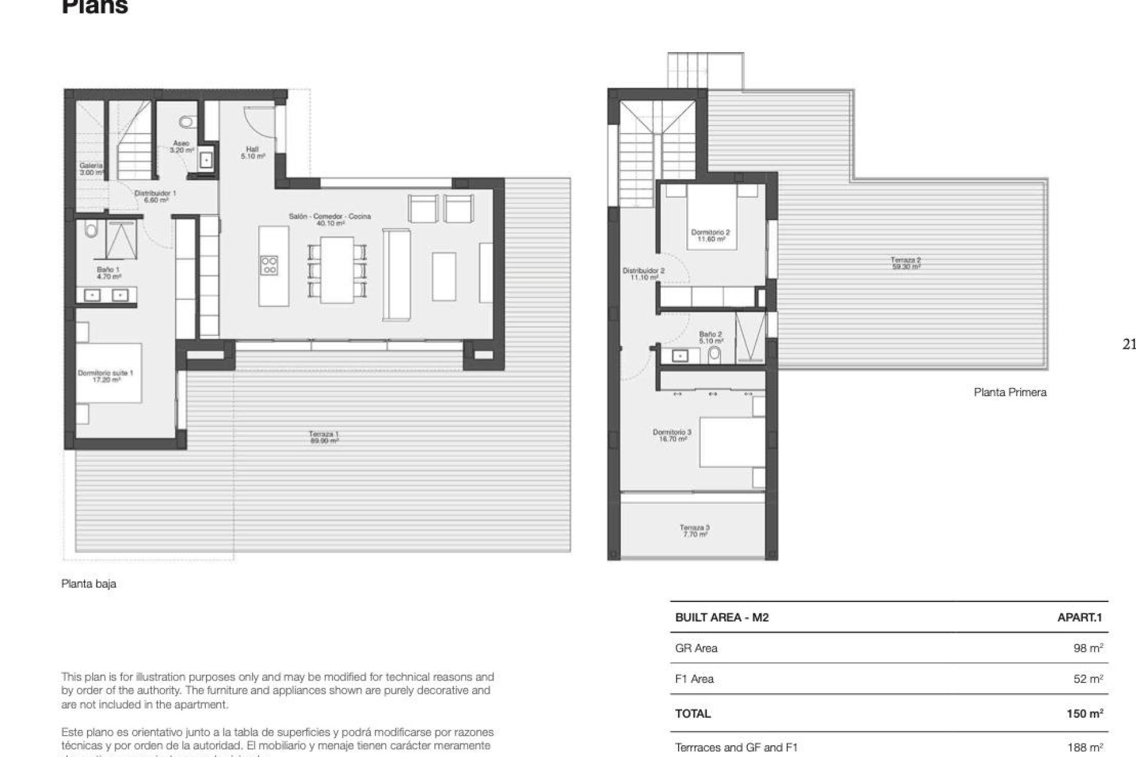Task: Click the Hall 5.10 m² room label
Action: click(x=253, y=153)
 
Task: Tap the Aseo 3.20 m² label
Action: click(x=182, y=147)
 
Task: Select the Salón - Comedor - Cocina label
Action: click(x=330, y=219)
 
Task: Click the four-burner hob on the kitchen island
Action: click(x=269, y=265)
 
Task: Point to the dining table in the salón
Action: click(x=337, y=270)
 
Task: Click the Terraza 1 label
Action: click(x=324, y=437)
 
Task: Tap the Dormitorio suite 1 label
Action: click(x=106, y=376)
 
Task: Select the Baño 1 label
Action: click(x=108, y=273)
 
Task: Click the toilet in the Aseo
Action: click(x=186, y=122)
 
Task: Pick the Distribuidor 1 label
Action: click(x=155, y=196)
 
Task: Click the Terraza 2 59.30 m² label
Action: click(x=906, y=263)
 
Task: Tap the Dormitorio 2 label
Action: click(x=710, y=235)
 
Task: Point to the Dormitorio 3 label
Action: click(x=672, y=435)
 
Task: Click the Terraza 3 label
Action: click(x=695, y=530)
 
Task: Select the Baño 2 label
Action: click(x=710, y=337)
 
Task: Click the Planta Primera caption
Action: click(x=1009, y=392)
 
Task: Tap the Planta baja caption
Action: click(x=89, y=584)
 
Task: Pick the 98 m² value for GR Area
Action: click(x=1087, y=648)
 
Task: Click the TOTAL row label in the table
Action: click(x=693, y=713)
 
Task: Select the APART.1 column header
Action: click(x=1079, y=617)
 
